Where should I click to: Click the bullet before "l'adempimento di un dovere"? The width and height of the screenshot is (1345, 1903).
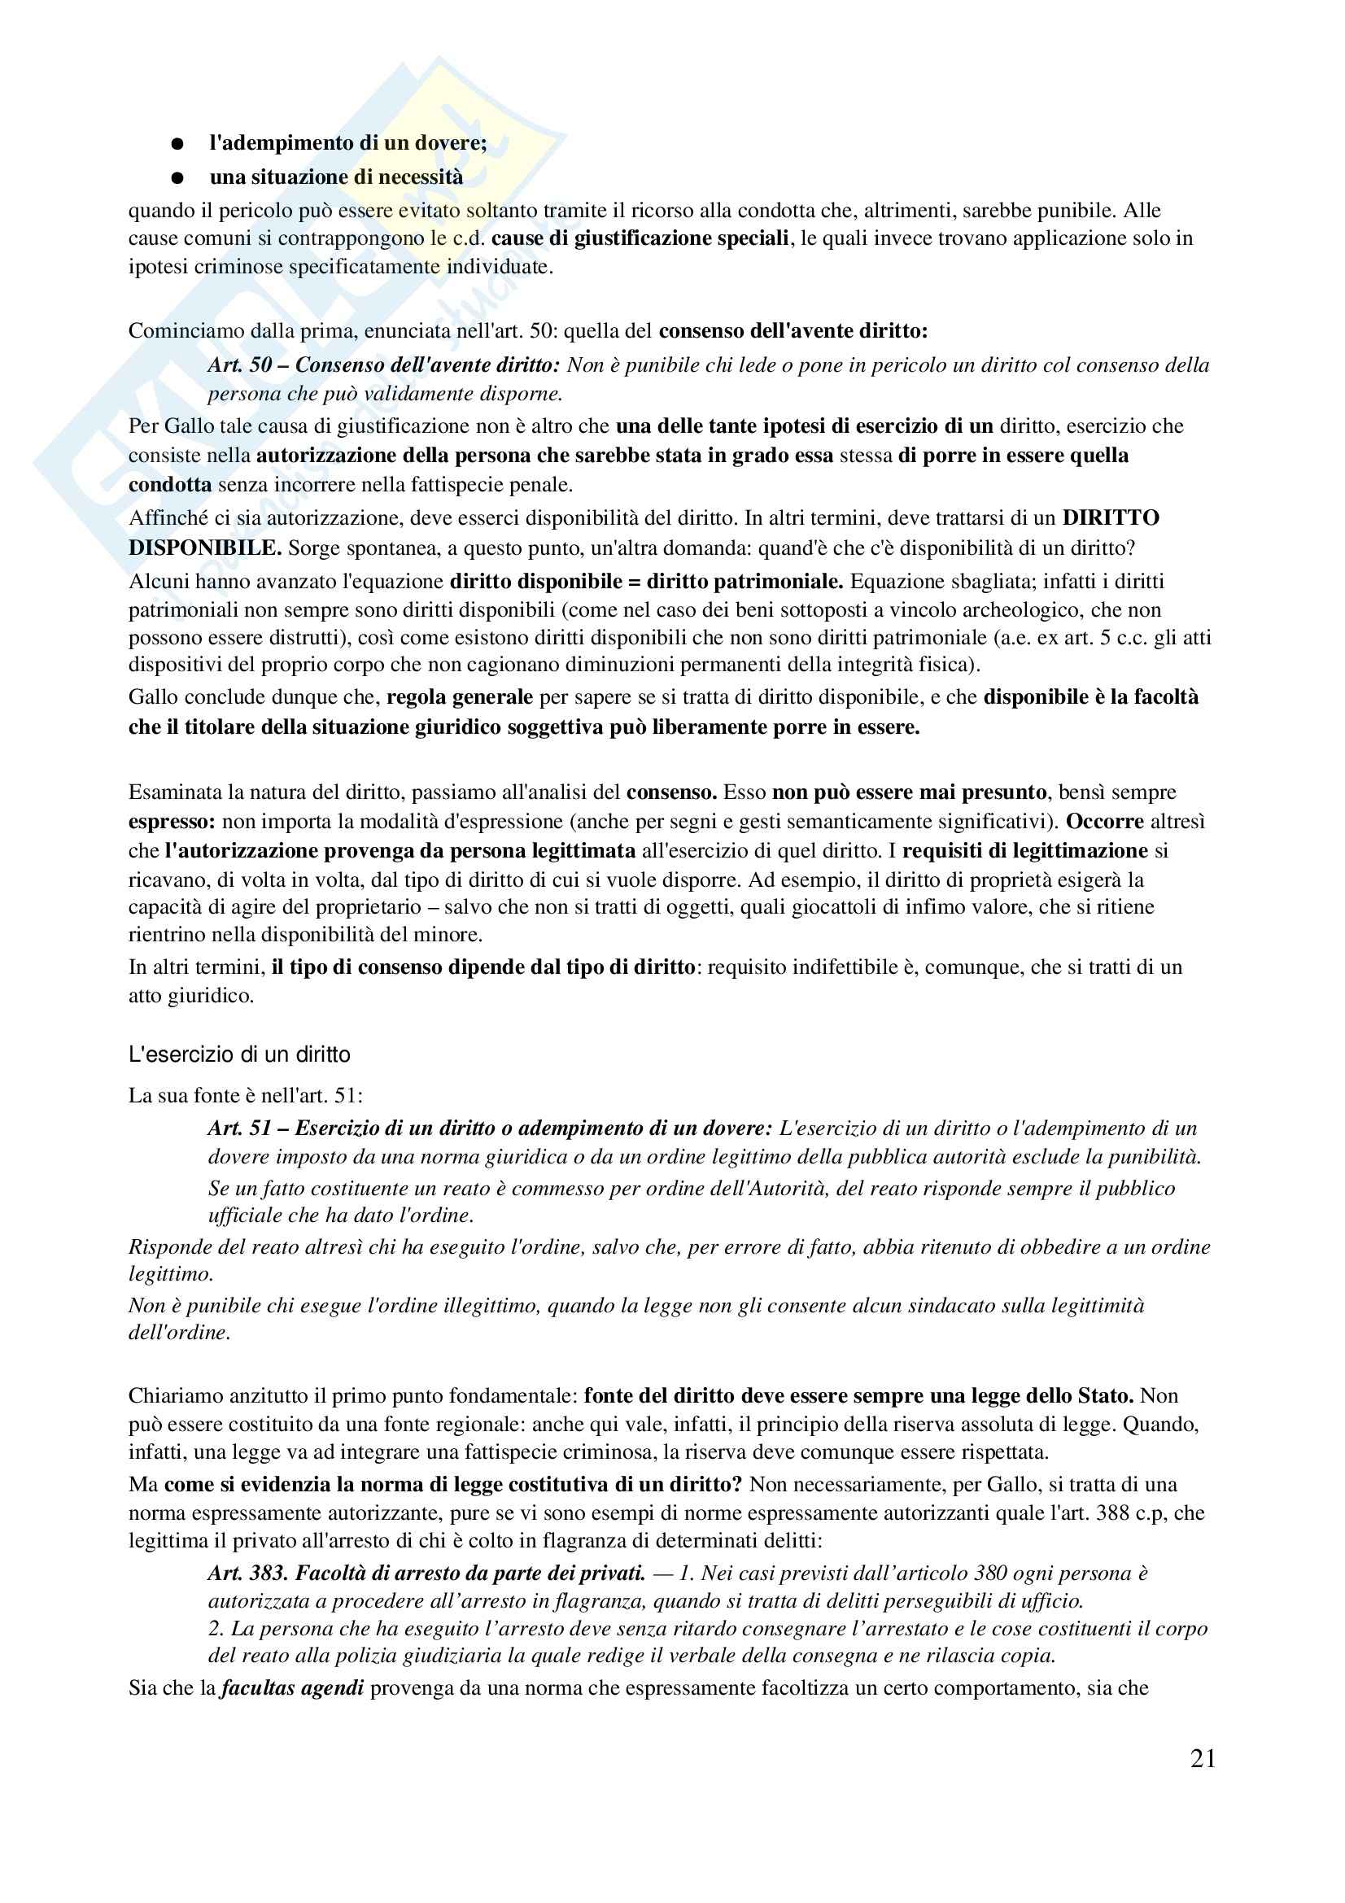(x=177, y=144)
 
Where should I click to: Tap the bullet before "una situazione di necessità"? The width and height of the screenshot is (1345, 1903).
(x=177, y=178)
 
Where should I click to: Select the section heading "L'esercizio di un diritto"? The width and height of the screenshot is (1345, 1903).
(x=238, y=1054)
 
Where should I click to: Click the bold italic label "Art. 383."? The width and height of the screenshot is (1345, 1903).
(x=248, y=1573)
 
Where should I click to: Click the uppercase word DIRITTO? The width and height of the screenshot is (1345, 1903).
(x=1111, y=518)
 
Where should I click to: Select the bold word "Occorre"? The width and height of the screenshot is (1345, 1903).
(x=1105, y=822)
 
